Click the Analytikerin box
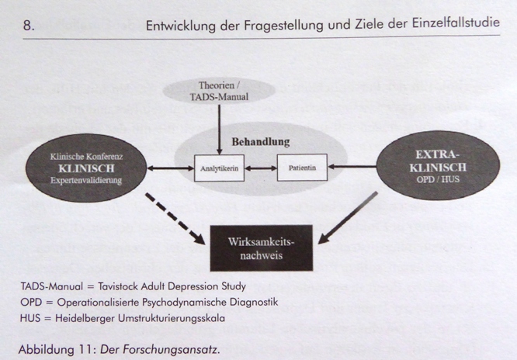(219, 168)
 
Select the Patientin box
(302, 168)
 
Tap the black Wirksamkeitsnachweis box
(262, 248)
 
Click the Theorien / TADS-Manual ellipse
(219, 91)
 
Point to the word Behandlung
(261, 142)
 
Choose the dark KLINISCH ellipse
(86, 168)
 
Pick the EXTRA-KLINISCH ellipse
(438, 165)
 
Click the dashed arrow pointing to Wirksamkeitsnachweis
(175, 219)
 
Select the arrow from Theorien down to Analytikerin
(219, 130)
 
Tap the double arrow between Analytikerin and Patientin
(261, 168)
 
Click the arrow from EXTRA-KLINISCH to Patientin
(352, 167)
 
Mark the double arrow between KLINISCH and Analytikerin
(171, 168)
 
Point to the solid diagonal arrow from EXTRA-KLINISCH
(348, 218)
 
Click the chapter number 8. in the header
(29, 26)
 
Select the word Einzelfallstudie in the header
(456, 23)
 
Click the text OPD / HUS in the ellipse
(438, 180)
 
